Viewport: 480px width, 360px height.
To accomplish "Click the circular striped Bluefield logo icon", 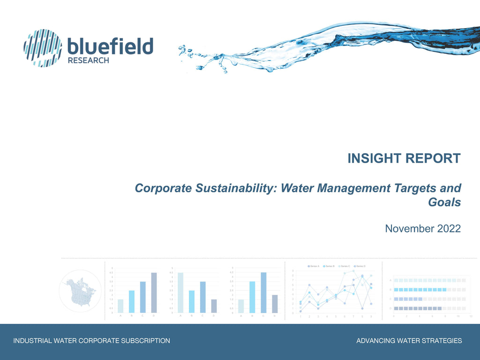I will (x=43, y=48).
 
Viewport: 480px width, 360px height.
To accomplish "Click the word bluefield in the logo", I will (x=111, y=47).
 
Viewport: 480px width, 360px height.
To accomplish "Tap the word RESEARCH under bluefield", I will (x=89, y=60).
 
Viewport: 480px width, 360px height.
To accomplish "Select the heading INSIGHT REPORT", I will (x=404, y=158).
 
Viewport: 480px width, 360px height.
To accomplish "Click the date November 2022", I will (x=422, y=229).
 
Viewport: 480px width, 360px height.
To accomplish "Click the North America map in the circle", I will (x=80, y=291).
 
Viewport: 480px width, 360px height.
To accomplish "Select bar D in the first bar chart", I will (x=154, y=292).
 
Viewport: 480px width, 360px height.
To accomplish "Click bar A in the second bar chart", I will (x=180, y=292).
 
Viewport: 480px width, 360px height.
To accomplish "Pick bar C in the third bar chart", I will (x=263, y=292).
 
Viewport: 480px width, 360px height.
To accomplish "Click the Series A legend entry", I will (x=314, y=266).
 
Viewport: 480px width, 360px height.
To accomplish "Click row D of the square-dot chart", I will (x=417, y=308).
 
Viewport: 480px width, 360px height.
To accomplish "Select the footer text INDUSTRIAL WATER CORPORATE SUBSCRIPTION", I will (x=91, y=341).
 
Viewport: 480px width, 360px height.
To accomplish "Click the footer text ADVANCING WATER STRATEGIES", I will (x=409, y=341).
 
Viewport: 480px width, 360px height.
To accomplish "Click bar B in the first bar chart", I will (x=131, y=301).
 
